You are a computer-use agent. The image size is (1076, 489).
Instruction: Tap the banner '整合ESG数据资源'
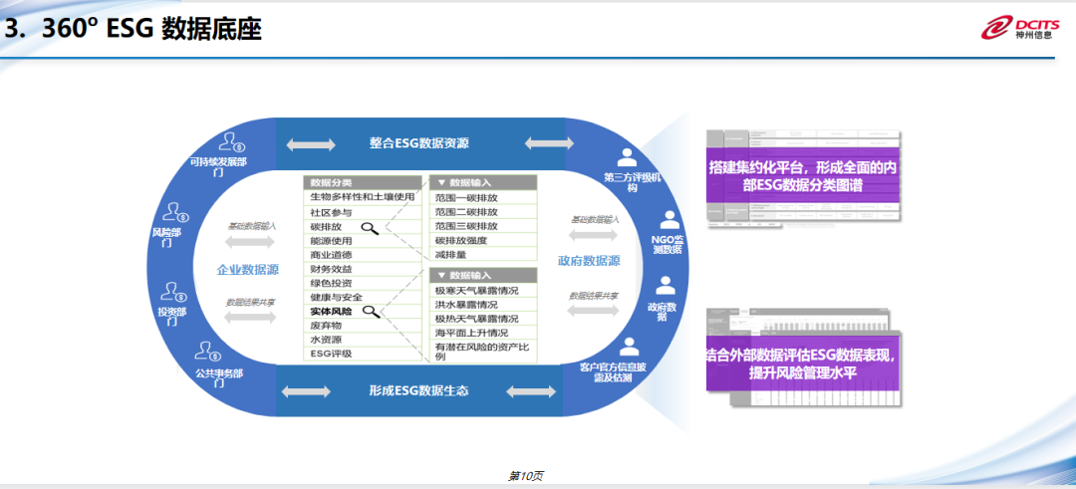click(x=418, y=143)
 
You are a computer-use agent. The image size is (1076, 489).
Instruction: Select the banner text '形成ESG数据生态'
click(x=418, y=389)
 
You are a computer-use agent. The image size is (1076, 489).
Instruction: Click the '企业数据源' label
click(x=248, y=270)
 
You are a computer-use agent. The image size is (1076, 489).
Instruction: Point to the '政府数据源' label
click(x=590, y=261)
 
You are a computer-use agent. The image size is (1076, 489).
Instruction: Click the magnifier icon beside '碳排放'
click(x=370, y=229)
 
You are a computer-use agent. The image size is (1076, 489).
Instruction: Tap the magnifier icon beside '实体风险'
click(x=371, y=313)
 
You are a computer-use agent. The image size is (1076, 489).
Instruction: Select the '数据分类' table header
click(x=331, y=183)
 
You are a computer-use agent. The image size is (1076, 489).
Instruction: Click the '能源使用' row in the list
click(x=332, y=241)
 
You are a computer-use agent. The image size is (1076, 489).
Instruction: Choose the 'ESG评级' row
click(x=331, y=354)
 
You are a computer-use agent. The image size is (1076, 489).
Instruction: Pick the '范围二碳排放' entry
click(x=466, y=212)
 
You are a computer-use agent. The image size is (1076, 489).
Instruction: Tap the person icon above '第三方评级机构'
click(x=627, y=157)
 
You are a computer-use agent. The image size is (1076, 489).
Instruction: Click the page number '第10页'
click(x=526, y=476)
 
